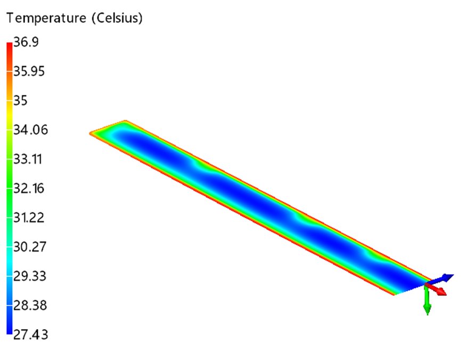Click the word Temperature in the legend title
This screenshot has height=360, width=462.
tap(46, 18)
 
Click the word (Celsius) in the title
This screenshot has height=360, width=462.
tap(117, 18)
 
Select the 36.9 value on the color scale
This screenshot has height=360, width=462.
tap(26, 42)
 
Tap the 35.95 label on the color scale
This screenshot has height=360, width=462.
tap(29, 71)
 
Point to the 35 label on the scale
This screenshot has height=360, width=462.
tap(20, 101)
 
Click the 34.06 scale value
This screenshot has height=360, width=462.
tap(30, 130)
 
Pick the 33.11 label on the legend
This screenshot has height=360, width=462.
tap(27, 159)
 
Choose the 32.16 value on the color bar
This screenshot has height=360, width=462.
tap(29, 188)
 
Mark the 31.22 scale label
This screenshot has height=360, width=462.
tap(29, 218)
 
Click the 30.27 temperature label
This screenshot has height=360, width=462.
tap(30, 247)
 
